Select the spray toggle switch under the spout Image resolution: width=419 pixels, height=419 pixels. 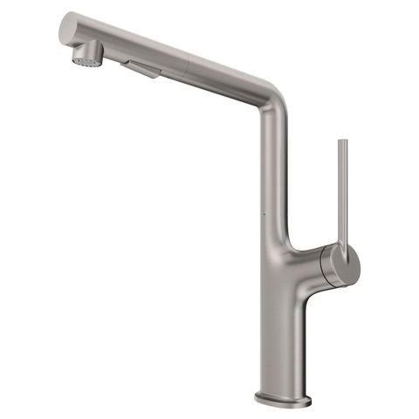[143, 69]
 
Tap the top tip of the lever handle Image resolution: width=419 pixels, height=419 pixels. [342, 141]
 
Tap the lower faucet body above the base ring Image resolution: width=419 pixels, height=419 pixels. [281, 349]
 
